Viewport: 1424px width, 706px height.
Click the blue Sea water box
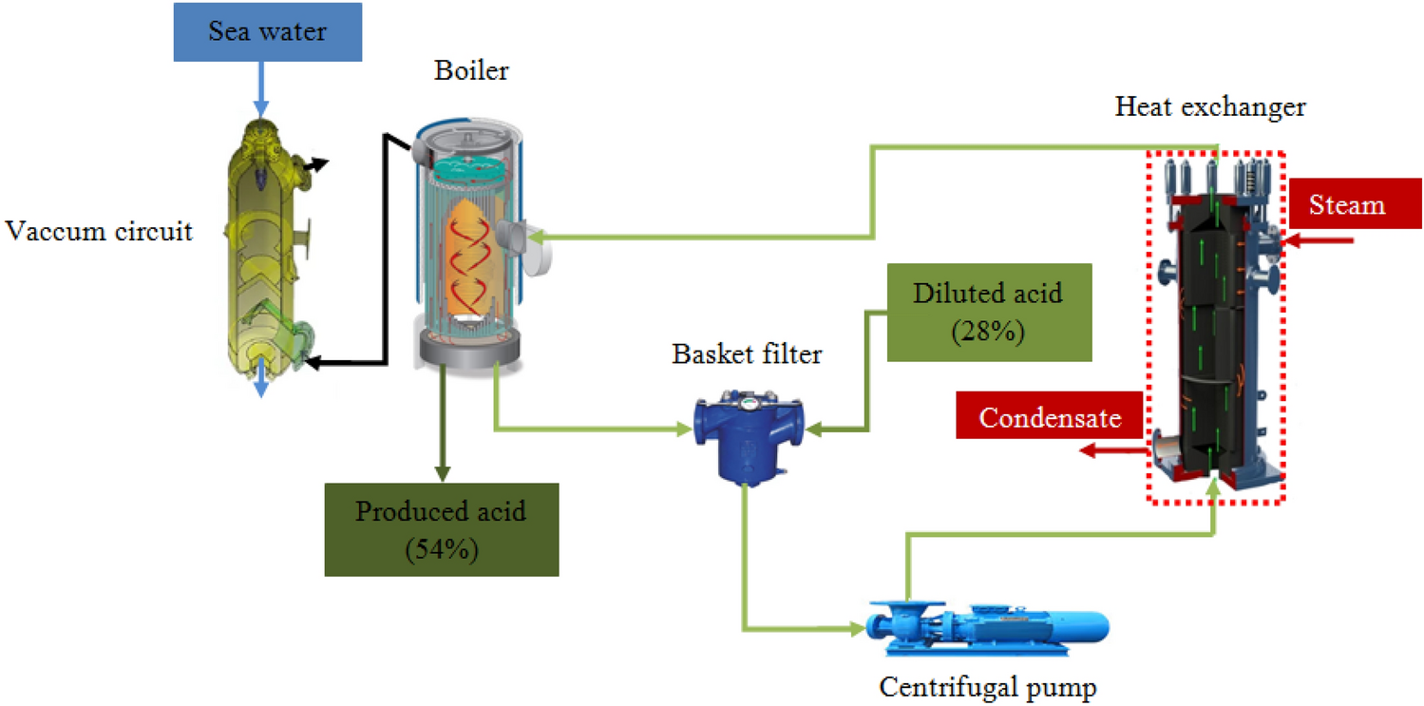268,33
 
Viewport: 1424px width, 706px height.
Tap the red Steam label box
1345,204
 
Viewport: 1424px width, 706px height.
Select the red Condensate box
1050,417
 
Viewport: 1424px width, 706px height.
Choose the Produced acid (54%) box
441,529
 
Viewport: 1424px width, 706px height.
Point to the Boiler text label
471,71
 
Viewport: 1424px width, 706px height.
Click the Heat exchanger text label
1209,107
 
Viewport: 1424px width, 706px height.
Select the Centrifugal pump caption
987,685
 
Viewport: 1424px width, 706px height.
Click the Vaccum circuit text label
99,231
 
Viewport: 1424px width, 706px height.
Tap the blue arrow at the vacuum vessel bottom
261,385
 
